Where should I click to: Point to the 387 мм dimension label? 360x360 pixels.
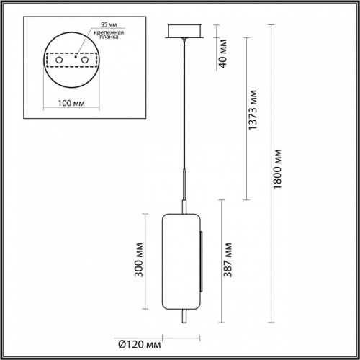pos(229,261)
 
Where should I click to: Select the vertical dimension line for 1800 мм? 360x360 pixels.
pos(272,173)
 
